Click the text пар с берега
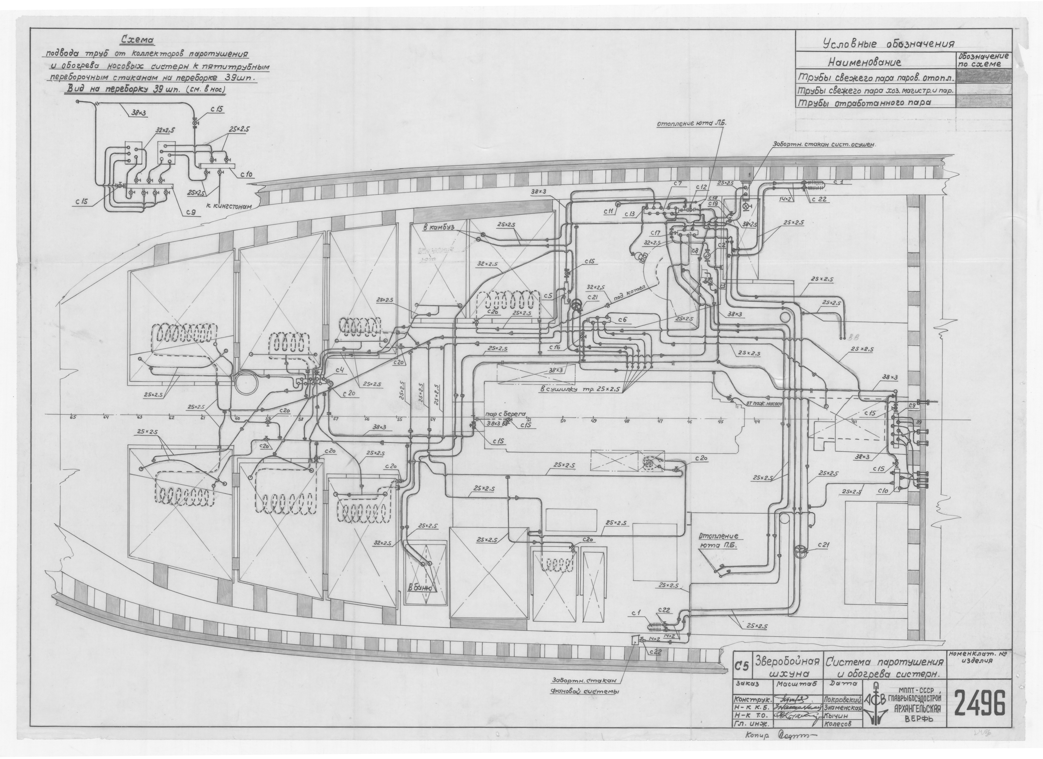tap(504, 413)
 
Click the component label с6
tap(623, 320)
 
